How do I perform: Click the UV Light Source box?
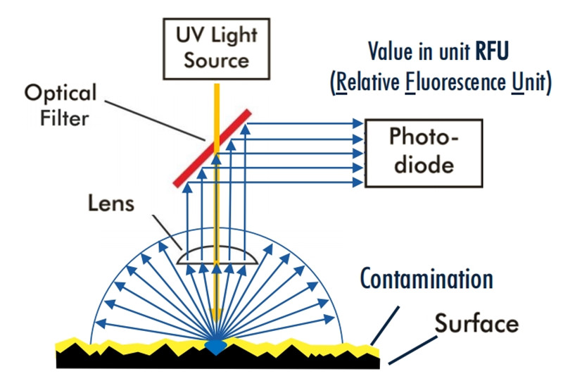217,48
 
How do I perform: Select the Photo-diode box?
423,153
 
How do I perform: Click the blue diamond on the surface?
216,346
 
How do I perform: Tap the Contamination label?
426,278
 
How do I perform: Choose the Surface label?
476,323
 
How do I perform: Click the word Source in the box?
217,59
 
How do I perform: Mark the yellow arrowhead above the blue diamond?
216,315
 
